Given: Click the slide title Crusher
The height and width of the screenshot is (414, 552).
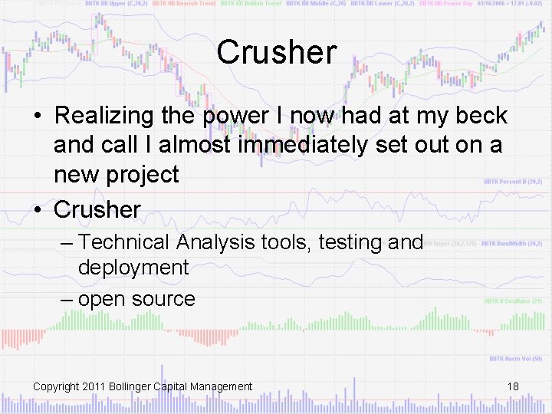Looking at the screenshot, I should click(x=276, y=52).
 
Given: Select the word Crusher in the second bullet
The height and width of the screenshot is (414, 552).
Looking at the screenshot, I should click(x=97, y=209).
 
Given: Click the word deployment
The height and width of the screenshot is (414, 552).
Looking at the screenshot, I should click(x=133, y=268).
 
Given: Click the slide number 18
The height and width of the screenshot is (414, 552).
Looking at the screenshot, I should click(x=513, y=386).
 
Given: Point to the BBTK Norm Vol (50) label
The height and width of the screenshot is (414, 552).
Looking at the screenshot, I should click(x=515, y=359).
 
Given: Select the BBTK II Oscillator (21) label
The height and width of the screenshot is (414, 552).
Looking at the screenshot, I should click(x=512, y=301).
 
